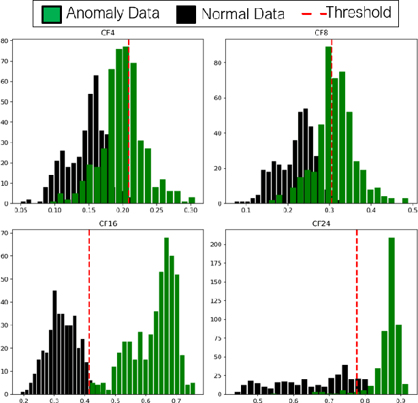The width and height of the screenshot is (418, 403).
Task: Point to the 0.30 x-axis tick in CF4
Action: (x=191, y=212)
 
